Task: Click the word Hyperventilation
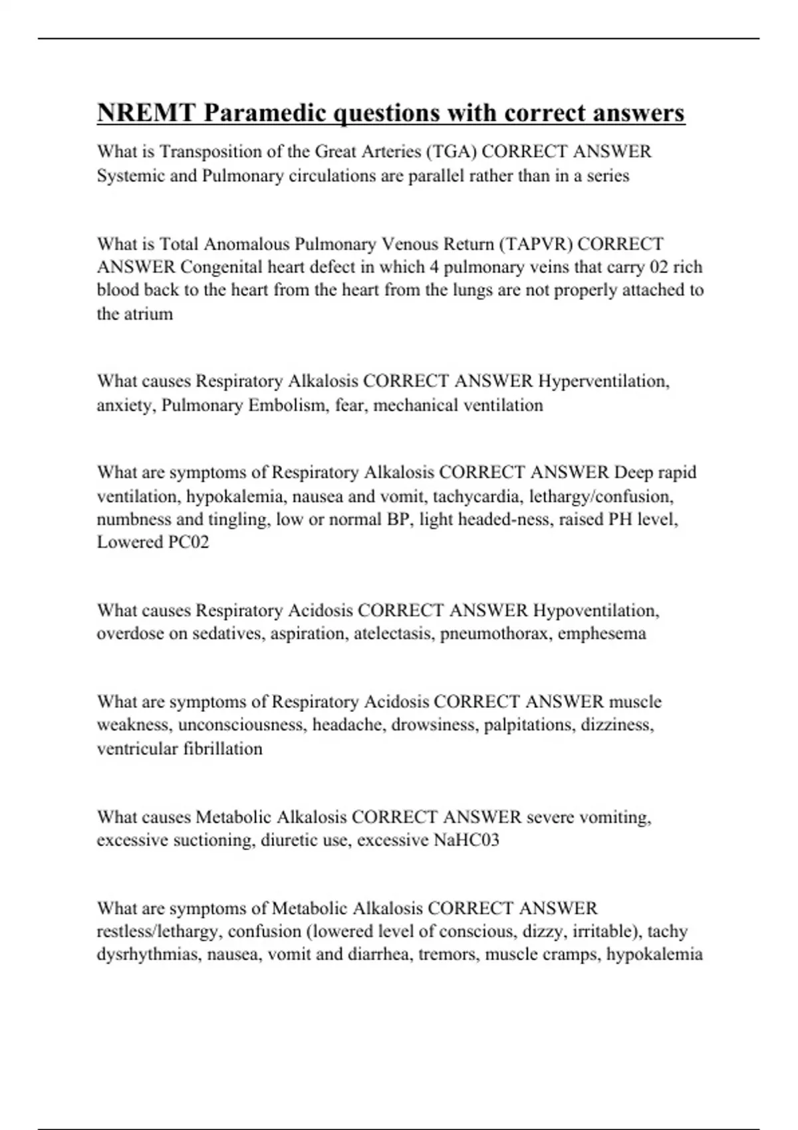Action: coord(603,382)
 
